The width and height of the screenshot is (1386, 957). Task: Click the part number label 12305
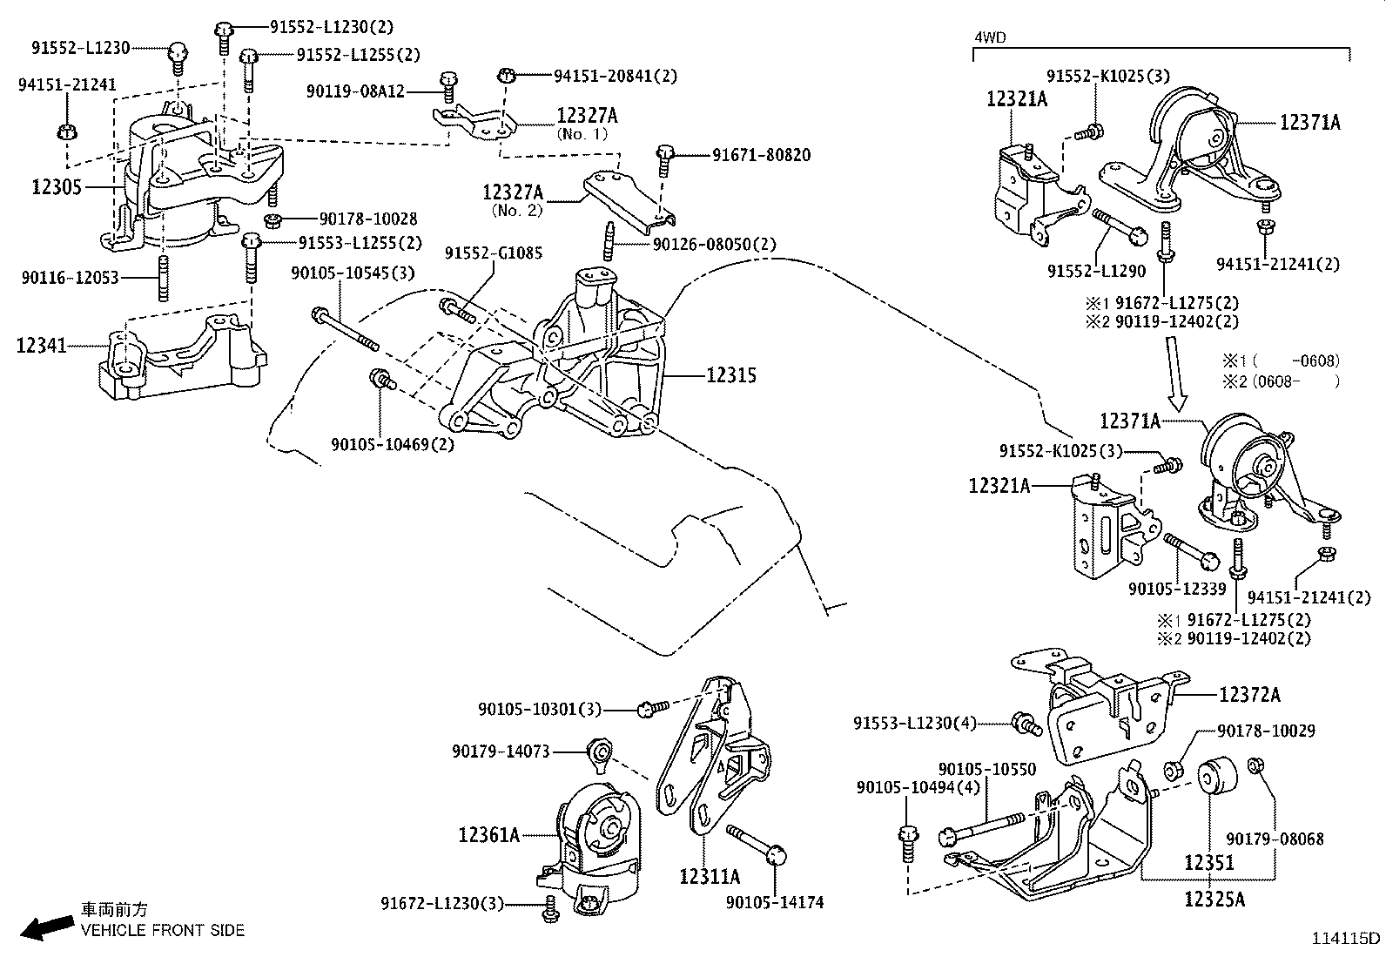coord(57,187)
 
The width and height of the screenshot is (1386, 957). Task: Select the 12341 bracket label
coord(41,346)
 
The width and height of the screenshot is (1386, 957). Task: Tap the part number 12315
coord(730,375)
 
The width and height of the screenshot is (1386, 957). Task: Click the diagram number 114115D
coord(1346,939)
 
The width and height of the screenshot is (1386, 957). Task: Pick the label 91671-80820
coord(761,155)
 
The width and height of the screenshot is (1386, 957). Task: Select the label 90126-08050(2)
coord(714,244)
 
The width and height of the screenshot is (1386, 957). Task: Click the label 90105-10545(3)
coord(353,273)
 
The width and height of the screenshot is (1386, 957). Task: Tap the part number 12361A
coord(488,835)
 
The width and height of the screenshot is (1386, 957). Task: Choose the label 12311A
coord(710,876)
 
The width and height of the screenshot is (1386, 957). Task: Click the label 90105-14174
coord(774,903)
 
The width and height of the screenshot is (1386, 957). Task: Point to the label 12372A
coord(1249,695)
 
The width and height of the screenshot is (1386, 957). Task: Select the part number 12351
coord(1208,862)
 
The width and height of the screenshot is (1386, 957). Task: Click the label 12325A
coord(1214,899)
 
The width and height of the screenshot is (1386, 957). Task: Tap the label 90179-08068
coord(1275,839)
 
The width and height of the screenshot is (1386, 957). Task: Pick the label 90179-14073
coord(501,751)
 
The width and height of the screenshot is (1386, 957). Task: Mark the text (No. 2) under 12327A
coord(516,210)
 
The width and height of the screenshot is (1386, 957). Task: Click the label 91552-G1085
coord(493,253)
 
